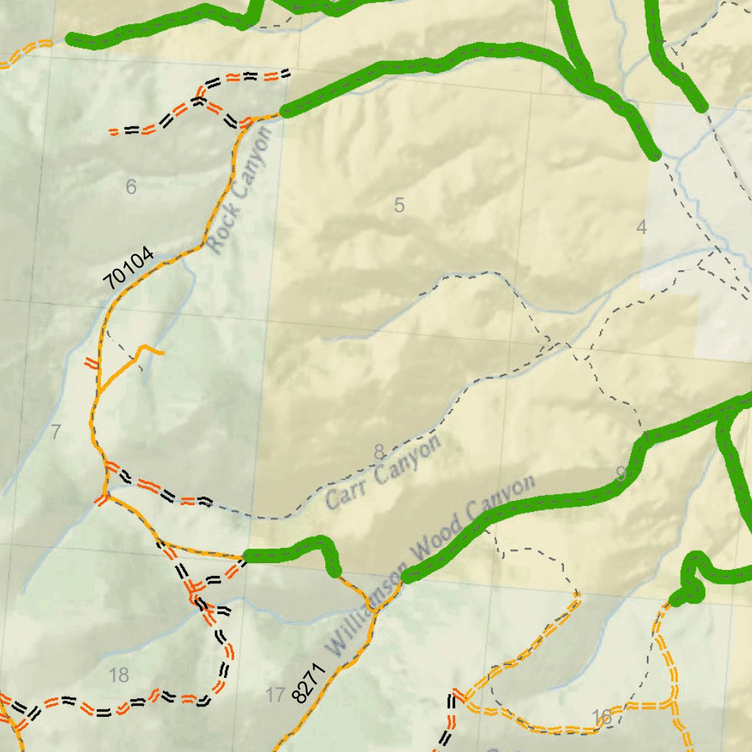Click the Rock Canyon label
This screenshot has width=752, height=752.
[240, 189]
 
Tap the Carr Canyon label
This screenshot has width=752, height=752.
[383, 471]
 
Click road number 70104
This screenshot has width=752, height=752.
[129, 268]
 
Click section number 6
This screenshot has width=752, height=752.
[131, 187]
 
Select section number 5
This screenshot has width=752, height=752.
[399, 206]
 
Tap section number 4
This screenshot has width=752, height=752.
[641, 228]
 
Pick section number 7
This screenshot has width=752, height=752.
[56, 433]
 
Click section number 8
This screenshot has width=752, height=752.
[379, 452]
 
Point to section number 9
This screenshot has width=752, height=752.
[621, 474]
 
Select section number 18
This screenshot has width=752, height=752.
[118, 675]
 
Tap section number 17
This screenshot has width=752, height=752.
[275, 695]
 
